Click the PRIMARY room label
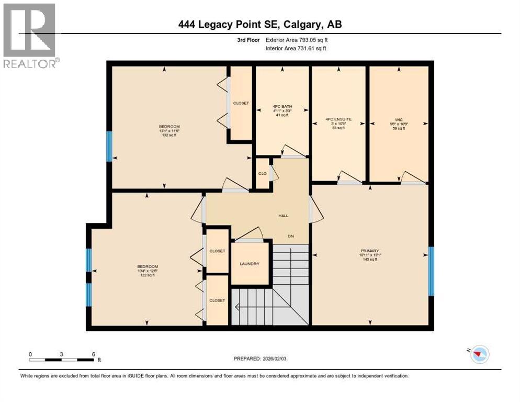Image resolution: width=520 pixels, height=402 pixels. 373,251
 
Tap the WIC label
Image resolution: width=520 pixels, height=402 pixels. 400,119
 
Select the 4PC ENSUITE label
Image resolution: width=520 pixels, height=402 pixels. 338,119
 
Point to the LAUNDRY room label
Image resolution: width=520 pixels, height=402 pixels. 250,264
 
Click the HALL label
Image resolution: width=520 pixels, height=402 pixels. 283,215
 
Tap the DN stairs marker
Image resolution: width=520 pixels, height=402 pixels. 291,236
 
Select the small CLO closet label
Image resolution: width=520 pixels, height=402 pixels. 262,173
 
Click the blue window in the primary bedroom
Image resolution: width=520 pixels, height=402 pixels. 431,271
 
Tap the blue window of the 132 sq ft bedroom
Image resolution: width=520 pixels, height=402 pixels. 109,146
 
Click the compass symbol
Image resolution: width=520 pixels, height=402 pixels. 478,354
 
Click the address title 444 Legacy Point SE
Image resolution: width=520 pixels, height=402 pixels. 260,25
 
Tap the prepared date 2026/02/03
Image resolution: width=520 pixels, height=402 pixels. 261,359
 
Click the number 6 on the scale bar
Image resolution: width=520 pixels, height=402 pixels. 93,354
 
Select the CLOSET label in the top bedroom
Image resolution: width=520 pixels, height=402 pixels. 241,103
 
